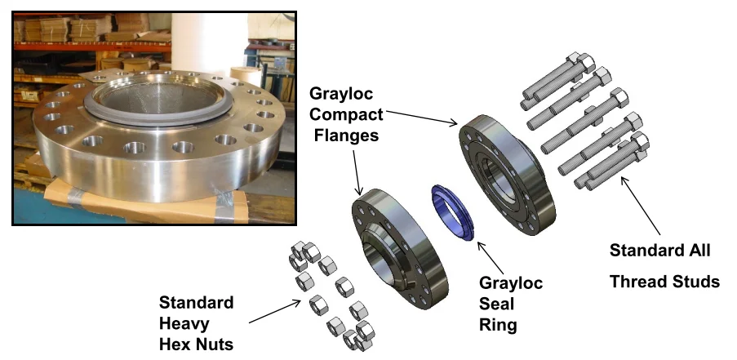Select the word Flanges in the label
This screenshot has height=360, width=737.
coord(347,135)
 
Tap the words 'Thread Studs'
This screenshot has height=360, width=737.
coord(664,282)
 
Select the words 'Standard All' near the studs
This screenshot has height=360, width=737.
coord(660,249)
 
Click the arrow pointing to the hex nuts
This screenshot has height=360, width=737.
coord(274,313)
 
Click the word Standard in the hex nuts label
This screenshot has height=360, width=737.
coord(195,303)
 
